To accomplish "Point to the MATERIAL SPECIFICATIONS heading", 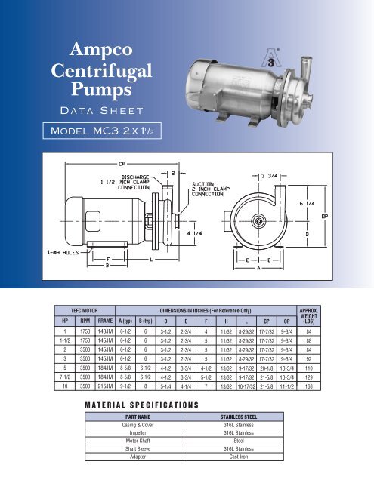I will tap(143, 426).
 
